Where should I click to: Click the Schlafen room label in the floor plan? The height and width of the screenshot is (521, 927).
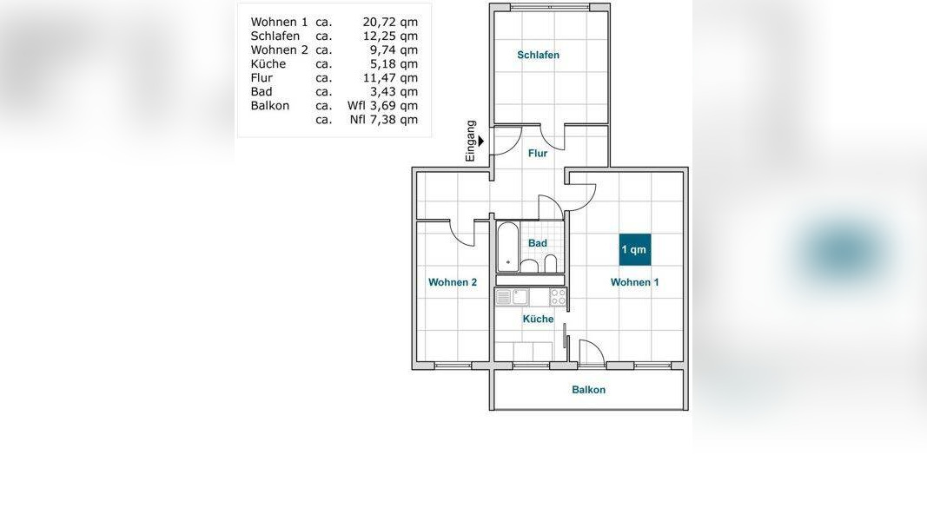(538, 55)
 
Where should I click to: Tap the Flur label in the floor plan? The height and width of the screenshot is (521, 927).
(538, 153)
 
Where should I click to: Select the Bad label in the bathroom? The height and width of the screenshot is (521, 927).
(538, 243)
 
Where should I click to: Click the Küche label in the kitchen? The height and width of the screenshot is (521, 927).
(538, 319)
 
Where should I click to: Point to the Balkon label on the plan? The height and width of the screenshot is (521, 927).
(588, 390)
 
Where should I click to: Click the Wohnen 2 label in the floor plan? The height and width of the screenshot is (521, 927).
(453, 282)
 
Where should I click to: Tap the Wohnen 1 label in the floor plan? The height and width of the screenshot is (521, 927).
(634, 282)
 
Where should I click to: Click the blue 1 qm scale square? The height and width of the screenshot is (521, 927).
(634, 249)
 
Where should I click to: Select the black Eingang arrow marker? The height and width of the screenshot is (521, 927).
(481, 142)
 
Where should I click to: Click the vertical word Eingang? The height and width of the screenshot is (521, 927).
(471, 142)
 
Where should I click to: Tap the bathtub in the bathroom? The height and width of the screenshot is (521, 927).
(507, 247)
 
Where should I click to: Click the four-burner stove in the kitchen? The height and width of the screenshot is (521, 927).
(558, 296)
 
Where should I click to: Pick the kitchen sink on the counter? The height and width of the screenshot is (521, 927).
(520, 296)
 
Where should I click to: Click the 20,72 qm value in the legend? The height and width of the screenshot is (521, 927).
(390, 22)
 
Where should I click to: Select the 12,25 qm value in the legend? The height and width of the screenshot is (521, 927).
(390, 36)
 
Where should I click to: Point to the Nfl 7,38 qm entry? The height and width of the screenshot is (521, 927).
(384, 119)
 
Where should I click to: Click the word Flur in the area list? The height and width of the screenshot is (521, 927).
(262, 78)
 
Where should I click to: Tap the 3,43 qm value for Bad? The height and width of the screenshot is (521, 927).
(394, 91)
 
